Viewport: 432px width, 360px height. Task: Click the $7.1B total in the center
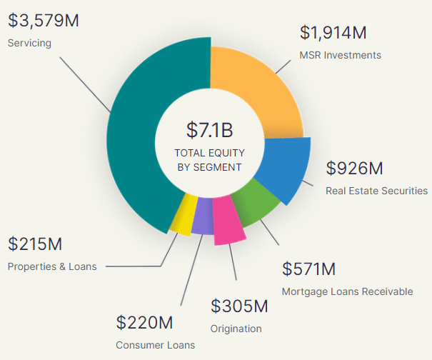(209, 130)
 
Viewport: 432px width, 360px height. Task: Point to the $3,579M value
(44, 20)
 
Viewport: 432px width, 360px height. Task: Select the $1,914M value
(333, 33)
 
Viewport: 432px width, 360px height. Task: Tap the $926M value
(355, 169)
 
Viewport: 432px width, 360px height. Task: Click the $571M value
(308, 269)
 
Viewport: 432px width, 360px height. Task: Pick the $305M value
(239, 306)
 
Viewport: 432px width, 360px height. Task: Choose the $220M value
(144, 322)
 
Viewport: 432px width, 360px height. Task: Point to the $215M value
(35, 244)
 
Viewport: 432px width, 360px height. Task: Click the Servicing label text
(29, 43)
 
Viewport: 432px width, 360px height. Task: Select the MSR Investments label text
(341, 55)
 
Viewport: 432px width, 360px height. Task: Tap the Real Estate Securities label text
(376, 191)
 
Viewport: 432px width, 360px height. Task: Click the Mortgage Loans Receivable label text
(347, 291)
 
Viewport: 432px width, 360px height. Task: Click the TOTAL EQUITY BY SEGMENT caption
(209, 160)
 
